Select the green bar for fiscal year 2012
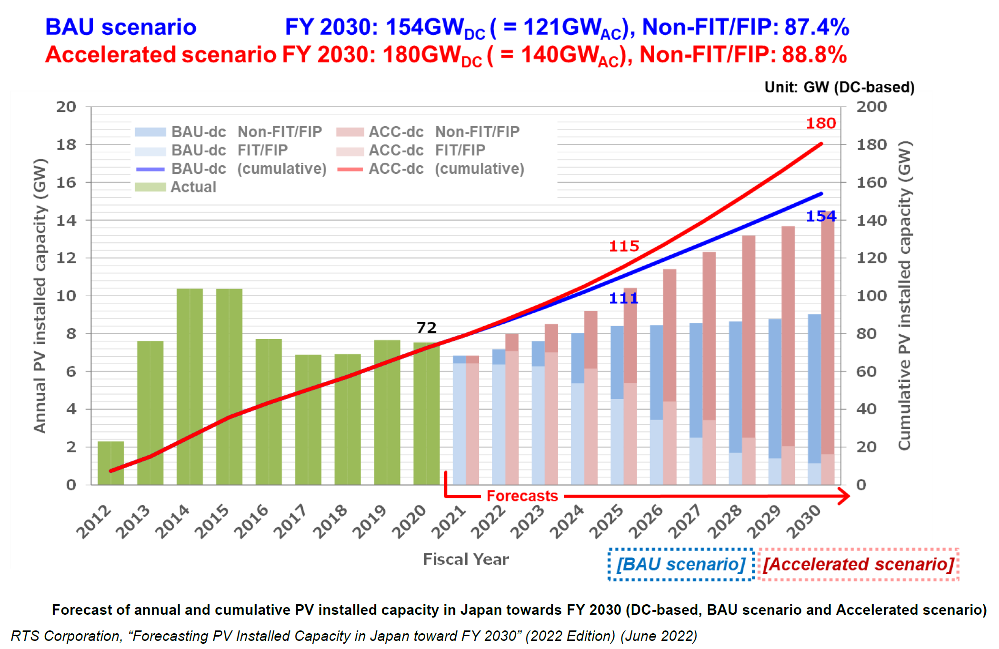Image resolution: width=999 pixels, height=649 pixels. tap(110, 463)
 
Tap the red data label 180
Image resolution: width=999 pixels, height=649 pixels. tap(820, 123)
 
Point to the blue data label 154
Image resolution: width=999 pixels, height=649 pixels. tap(820, 217)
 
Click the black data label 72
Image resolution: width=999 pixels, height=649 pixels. tap(426, 328)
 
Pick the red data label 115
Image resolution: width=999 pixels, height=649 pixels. tap(624, 246)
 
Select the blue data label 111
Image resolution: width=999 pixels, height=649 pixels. tap(623, 299)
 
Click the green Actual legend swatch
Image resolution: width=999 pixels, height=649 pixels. tap(150, 187)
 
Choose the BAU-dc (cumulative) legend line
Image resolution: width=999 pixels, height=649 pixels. tap(150, 169)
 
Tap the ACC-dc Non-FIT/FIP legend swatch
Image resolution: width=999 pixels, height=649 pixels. tap(350, 132)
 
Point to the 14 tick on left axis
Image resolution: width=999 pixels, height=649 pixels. tap(66, 220)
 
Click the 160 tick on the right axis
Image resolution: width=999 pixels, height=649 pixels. tap(871, 182)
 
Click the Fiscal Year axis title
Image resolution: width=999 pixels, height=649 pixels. tap(466, 559)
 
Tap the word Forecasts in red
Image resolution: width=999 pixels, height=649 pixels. tap(522, 496)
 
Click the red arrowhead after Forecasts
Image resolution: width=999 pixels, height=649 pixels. tap(844, 496)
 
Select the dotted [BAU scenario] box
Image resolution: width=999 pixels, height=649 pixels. tap(681, 565)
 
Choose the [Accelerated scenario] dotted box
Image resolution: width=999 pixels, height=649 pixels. tap(858, 565)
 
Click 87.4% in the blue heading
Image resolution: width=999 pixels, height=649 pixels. tap(817, 27)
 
